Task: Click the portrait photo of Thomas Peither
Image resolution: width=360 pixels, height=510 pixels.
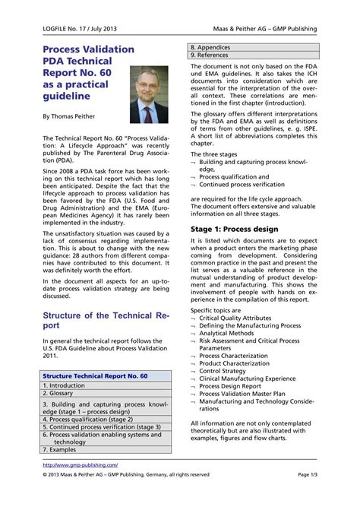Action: pos(150,94)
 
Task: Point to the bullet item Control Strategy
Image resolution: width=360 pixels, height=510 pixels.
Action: pos(227,371)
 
